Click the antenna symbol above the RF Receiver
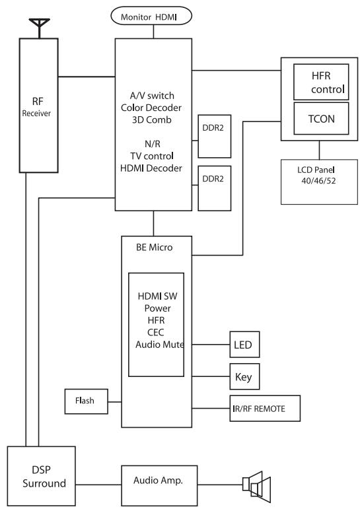click(40, 28)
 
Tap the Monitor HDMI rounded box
click(151, 17)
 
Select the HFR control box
click(321, 82)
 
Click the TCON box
click(321, 118)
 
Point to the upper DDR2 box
click(215, 137)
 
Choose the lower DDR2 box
click(215, 188)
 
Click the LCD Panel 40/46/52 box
click(319, 182)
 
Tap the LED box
click(244, 345)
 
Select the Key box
click(244, 376)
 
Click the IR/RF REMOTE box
click(265, 409)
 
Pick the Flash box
click(86, 401)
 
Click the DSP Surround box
click(41, 476)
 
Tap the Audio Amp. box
click(159, 486)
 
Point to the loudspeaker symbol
click(256, 485)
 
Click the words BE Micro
click(155, 248)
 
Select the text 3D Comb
click(152, 119)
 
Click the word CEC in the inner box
click(156, 333)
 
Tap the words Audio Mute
click(160, 345)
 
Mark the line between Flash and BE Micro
click(114, 402)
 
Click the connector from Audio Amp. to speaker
click(220, 485)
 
